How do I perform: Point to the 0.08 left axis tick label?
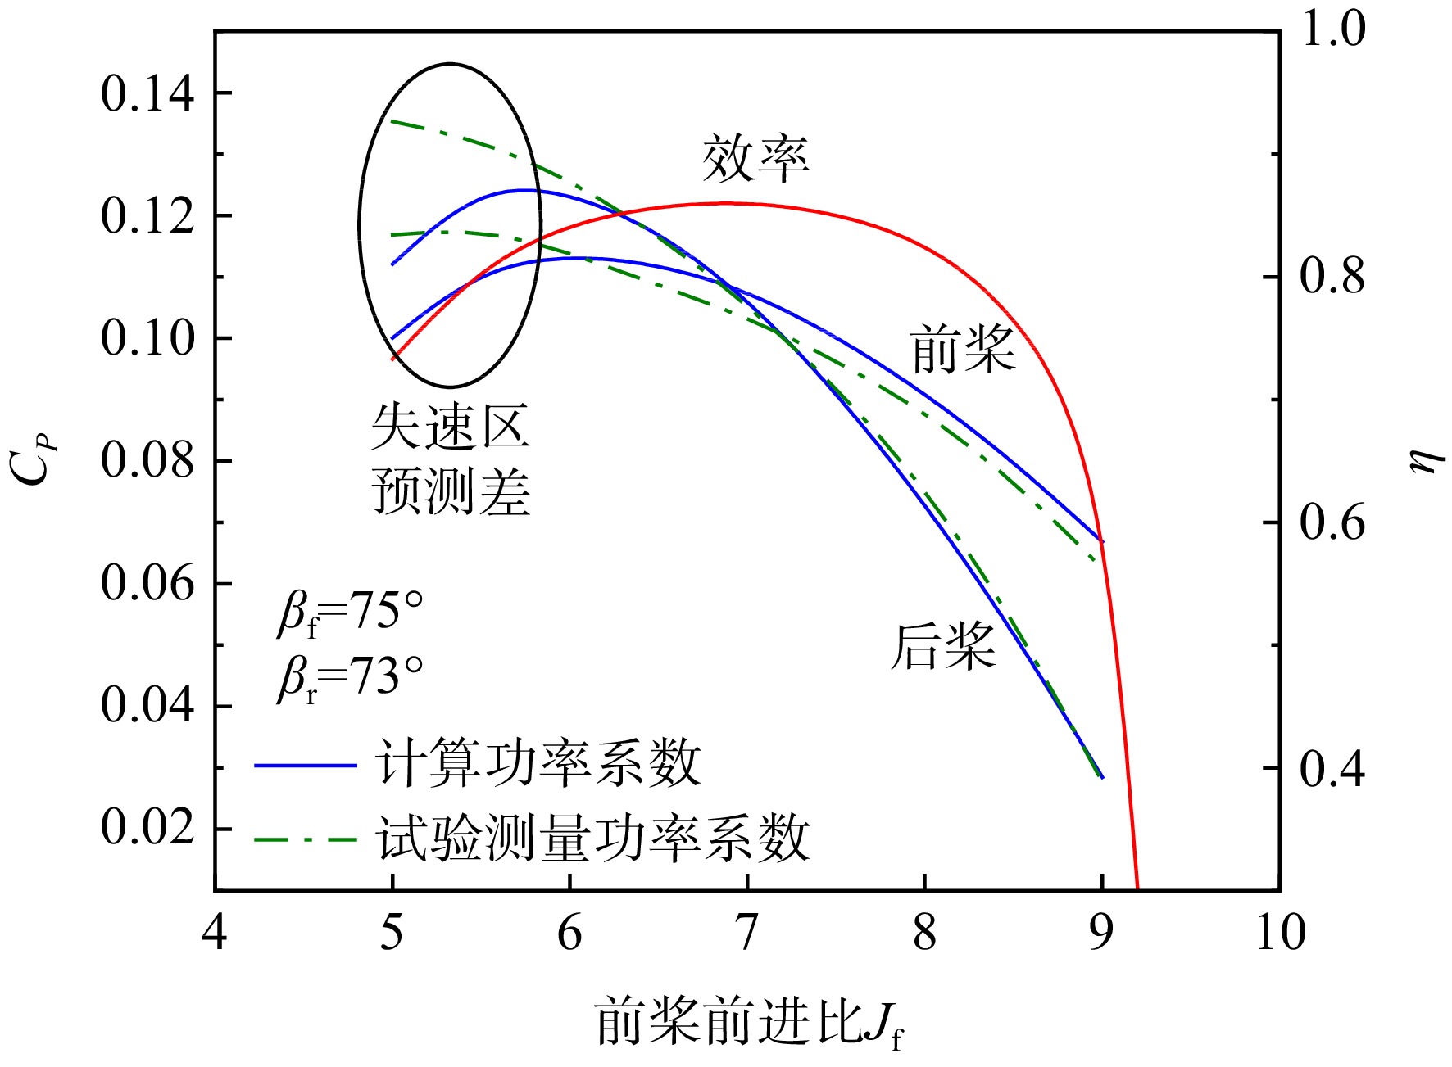pos(147,460)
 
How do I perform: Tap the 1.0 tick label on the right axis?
pos(1333,30)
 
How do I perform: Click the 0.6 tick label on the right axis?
pos(1332,522)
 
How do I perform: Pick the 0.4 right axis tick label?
pos(1332,767)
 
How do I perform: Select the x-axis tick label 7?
pos(746,932)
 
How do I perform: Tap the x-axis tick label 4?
pos(215,932)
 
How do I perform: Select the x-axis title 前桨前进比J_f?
pos(749,1023)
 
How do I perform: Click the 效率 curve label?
pos(755,159)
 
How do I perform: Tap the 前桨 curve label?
pos(962,350)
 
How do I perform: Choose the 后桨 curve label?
pos(943,647)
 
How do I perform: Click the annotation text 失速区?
pos(450,427)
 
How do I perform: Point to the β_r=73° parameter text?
pos(351,679)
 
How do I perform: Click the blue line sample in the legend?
pos(306,766)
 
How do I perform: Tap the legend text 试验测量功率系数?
pos(594,839)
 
